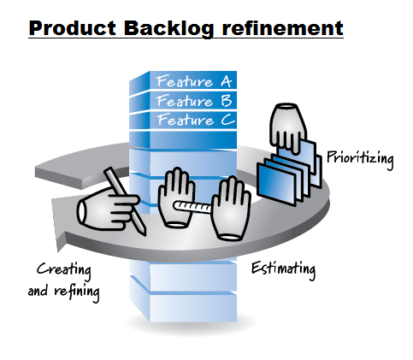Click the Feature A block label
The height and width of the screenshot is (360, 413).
click(192, 82)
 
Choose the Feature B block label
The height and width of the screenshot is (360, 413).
click(192, 101)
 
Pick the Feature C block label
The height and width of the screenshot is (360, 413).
click(192, 120)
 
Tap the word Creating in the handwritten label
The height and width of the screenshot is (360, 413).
click(64, 270)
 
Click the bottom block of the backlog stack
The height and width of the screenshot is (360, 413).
click(184, 304)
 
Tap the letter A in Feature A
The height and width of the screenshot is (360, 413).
click(226, 82)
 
